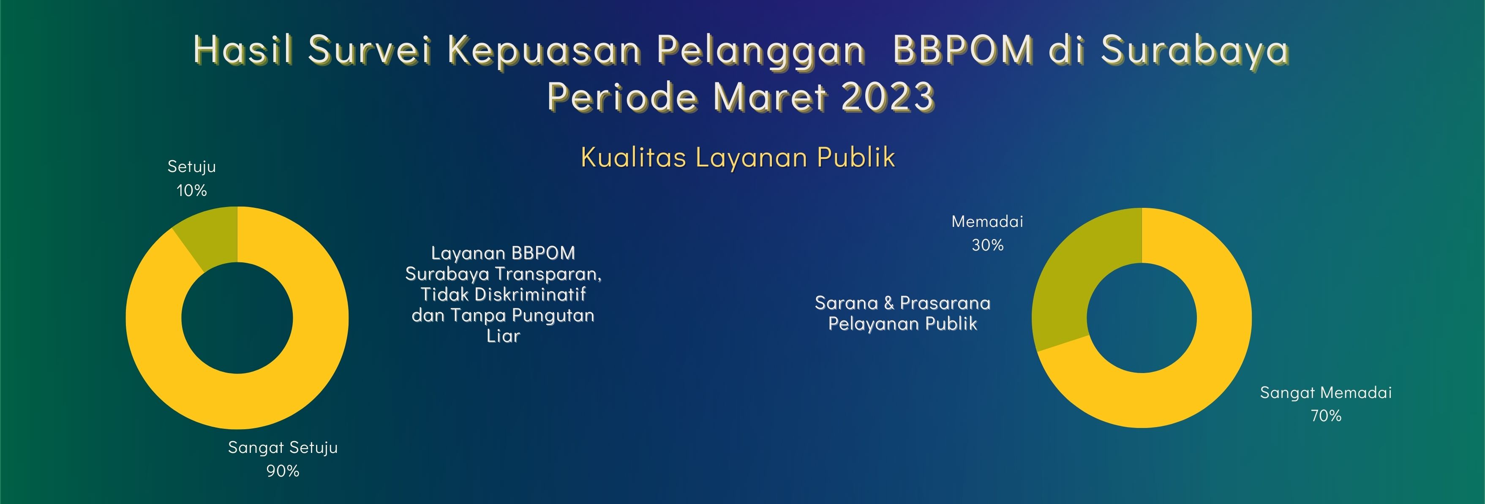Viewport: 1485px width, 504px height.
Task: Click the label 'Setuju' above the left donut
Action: click(191, 166)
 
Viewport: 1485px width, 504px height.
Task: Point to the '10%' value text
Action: click(191, 190)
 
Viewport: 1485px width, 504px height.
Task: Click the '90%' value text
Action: click(283, 471)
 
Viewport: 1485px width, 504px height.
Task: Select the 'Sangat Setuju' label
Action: click(283, 447)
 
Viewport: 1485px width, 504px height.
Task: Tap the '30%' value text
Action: click(987, 245)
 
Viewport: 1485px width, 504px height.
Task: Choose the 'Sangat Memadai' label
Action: click(1326, 393)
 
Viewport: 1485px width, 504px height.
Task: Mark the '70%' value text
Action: click(1326, 416)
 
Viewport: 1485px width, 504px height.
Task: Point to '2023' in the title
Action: click(888, 96)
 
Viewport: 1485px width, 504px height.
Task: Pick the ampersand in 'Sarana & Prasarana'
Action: click(888, 303)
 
